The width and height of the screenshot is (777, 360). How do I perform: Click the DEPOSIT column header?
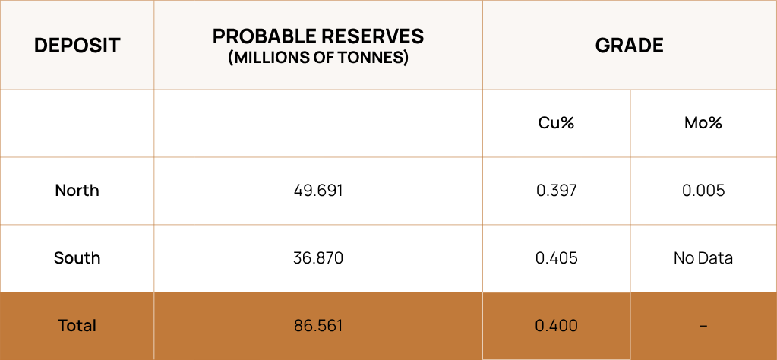point(77,46)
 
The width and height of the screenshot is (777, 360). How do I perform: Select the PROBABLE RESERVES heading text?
point(318,36)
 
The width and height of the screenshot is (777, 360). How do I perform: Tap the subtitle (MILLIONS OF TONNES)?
point(318,58)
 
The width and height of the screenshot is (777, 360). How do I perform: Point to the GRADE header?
point(629,46)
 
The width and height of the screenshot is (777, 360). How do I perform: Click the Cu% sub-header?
point(556,123)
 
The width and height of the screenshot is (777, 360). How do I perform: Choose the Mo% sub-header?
point(703,123)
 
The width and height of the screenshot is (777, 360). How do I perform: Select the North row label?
point(77,190)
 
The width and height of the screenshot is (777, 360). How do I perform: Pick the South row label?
point(77,258)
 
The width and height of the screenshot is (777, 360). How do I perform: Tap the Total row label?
point(77,326)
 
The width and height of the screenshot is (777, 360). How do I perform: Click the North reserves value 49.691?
point(318,190)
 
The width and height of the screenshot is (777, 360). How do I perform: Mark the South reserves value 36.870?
point(318,258)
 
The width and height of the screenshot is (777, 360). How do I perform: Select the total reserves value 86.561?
point(318,326)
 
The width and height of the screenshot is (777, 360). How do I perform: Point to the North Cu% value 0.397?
point(556,190)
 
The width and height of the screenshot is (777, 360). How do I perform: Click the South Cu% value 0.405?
point(556,258)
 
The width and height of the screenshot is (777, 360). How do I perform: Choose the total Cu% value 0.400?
point(556,326)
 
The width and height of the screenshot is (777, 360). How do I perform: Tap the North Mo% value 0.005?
point(703,190)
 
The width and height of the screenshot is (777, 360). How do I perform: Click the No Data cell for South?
point(703,258)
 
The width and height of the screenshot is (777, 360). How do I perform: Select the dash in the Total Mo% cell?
point(703,326)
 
